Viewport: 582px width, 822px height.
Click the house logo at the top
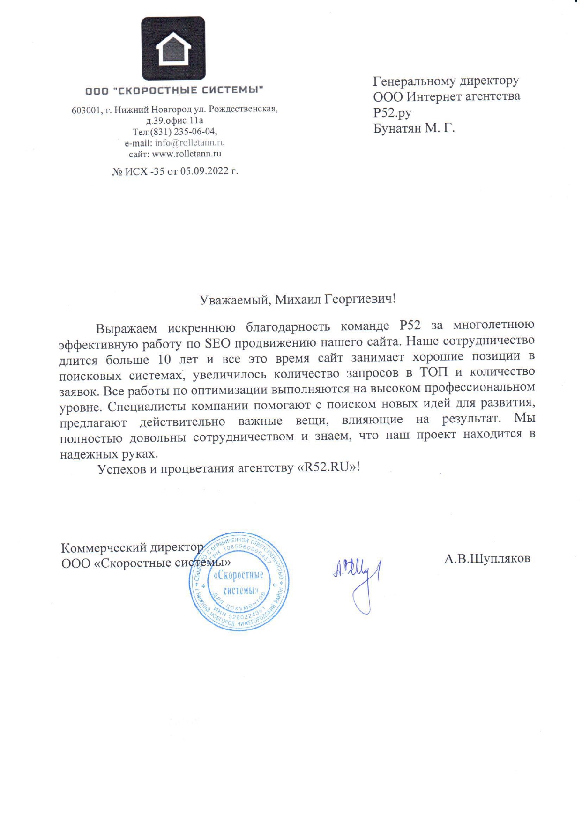[173, 48]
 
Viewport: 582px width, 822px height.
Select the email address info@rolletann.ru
[190, 143]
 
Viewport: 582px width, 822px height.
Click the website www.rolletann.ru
[187, 154]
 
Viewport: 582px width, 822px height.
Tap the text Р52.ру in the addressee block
[392, 112]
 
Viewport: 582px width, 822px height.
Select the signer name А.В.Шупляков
[487, 558]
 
